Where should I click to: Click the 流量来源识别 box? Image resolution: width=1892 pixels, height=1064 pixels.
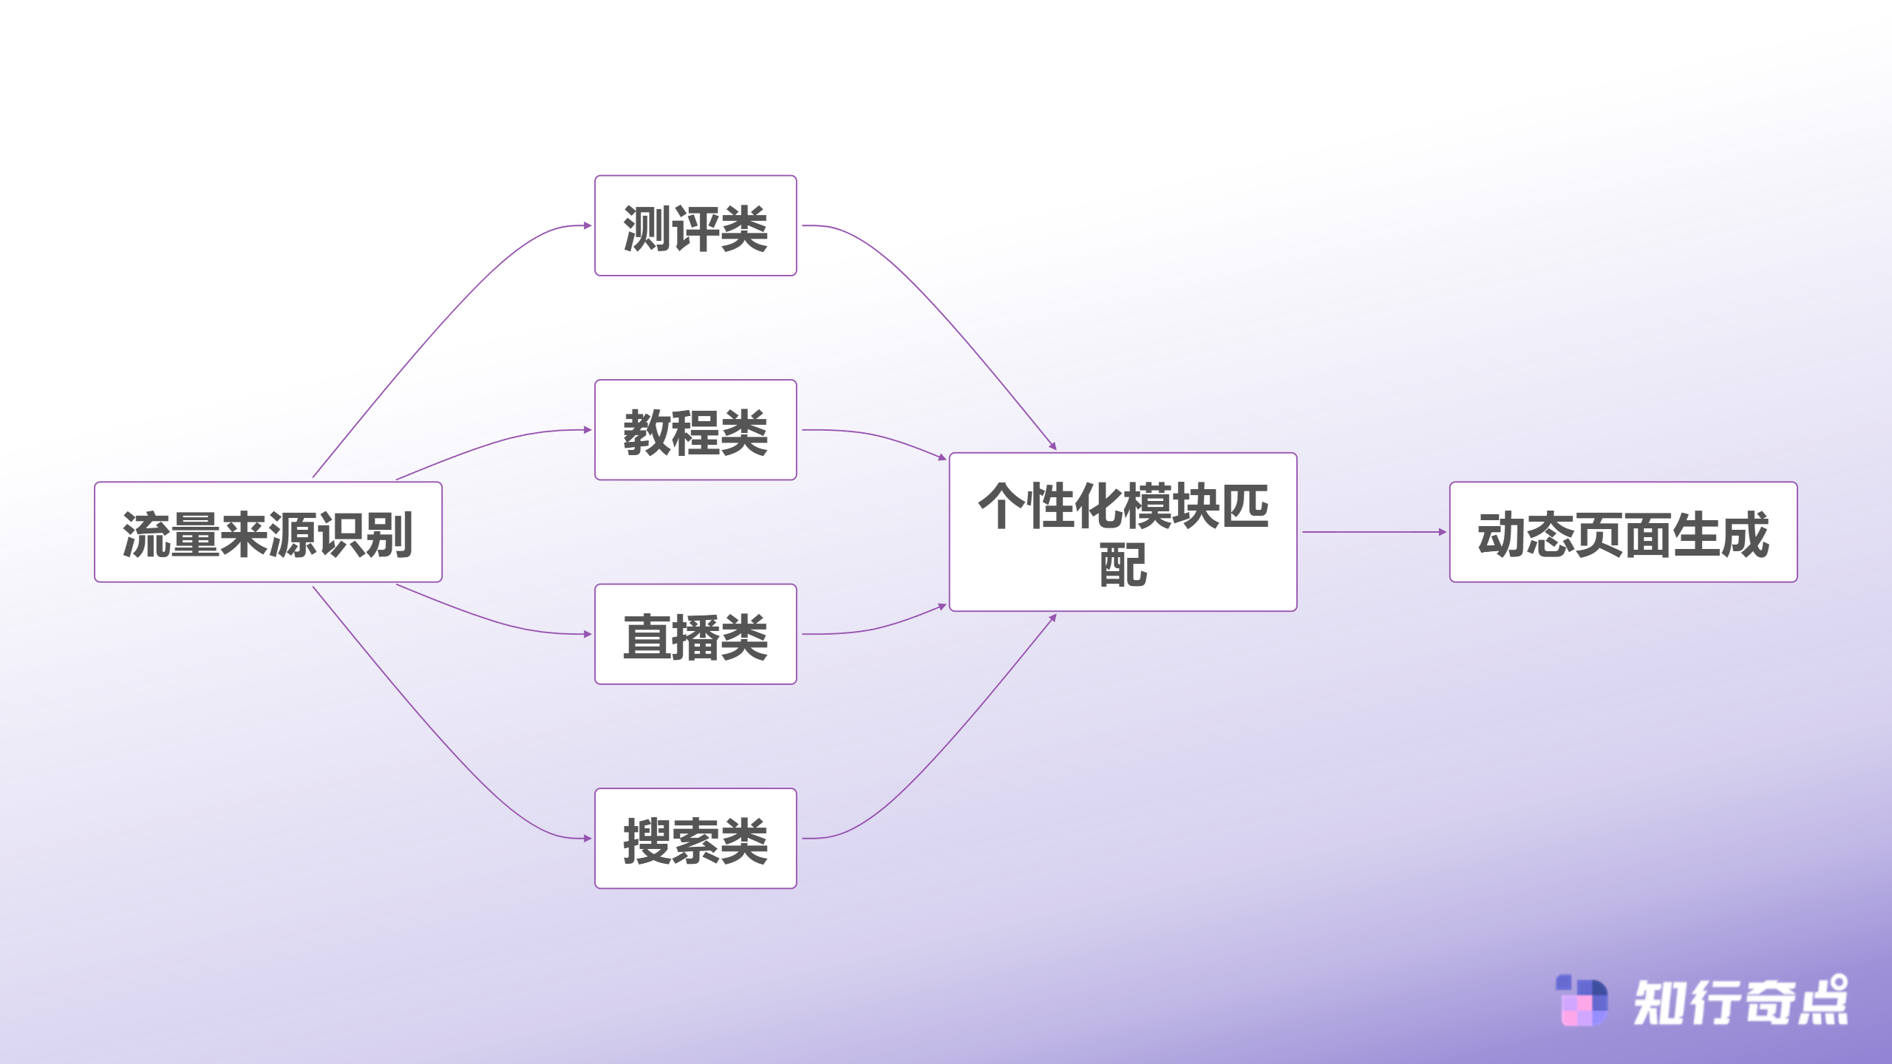click(x=268, y=532)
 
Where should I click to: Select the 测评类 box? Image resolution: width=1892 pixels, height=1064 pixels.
click(x=695, y=226)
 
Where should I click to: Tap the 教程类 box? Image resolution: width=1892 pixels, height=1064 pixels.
click(x=695, y=430)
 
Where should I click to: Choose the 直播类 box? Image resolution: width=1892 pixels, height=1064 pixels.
click(x=695, y=634)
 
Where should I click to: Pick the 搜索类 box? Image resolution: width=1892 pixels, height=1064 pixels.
click(x=695, y=839)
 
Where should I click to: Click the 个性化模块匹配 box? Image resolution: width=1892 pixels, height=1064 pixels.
click(x=1123, y=532)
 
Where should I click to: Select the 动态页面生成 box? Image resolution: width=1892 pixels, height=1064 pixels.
click(x=1623, y=532)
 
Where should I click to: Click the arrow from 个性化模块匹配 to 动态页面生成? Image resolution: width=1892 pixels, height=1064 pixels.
click(x=1373, y=532)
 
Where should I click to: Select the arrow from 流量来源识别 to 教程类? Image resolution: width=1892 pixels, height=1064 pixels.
click(x=495, y=442)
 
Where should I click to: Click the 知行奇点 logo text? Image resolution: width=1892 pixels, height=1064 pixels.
click(x=1740, y=1002)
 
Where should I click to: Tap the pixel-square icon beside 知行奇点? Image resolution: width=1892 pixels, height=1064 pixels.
click(x=1582, y=1001)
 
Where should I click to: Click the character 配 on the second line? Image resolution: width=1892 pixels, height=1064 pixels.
click(x=1123, y=565)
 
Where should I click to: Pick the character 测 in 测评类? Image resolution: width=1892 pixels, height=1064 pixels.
click(x=646, y=228)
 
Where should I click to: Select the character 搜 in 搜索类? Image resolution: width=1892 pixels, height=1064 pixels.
click(x=646, y=840)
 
